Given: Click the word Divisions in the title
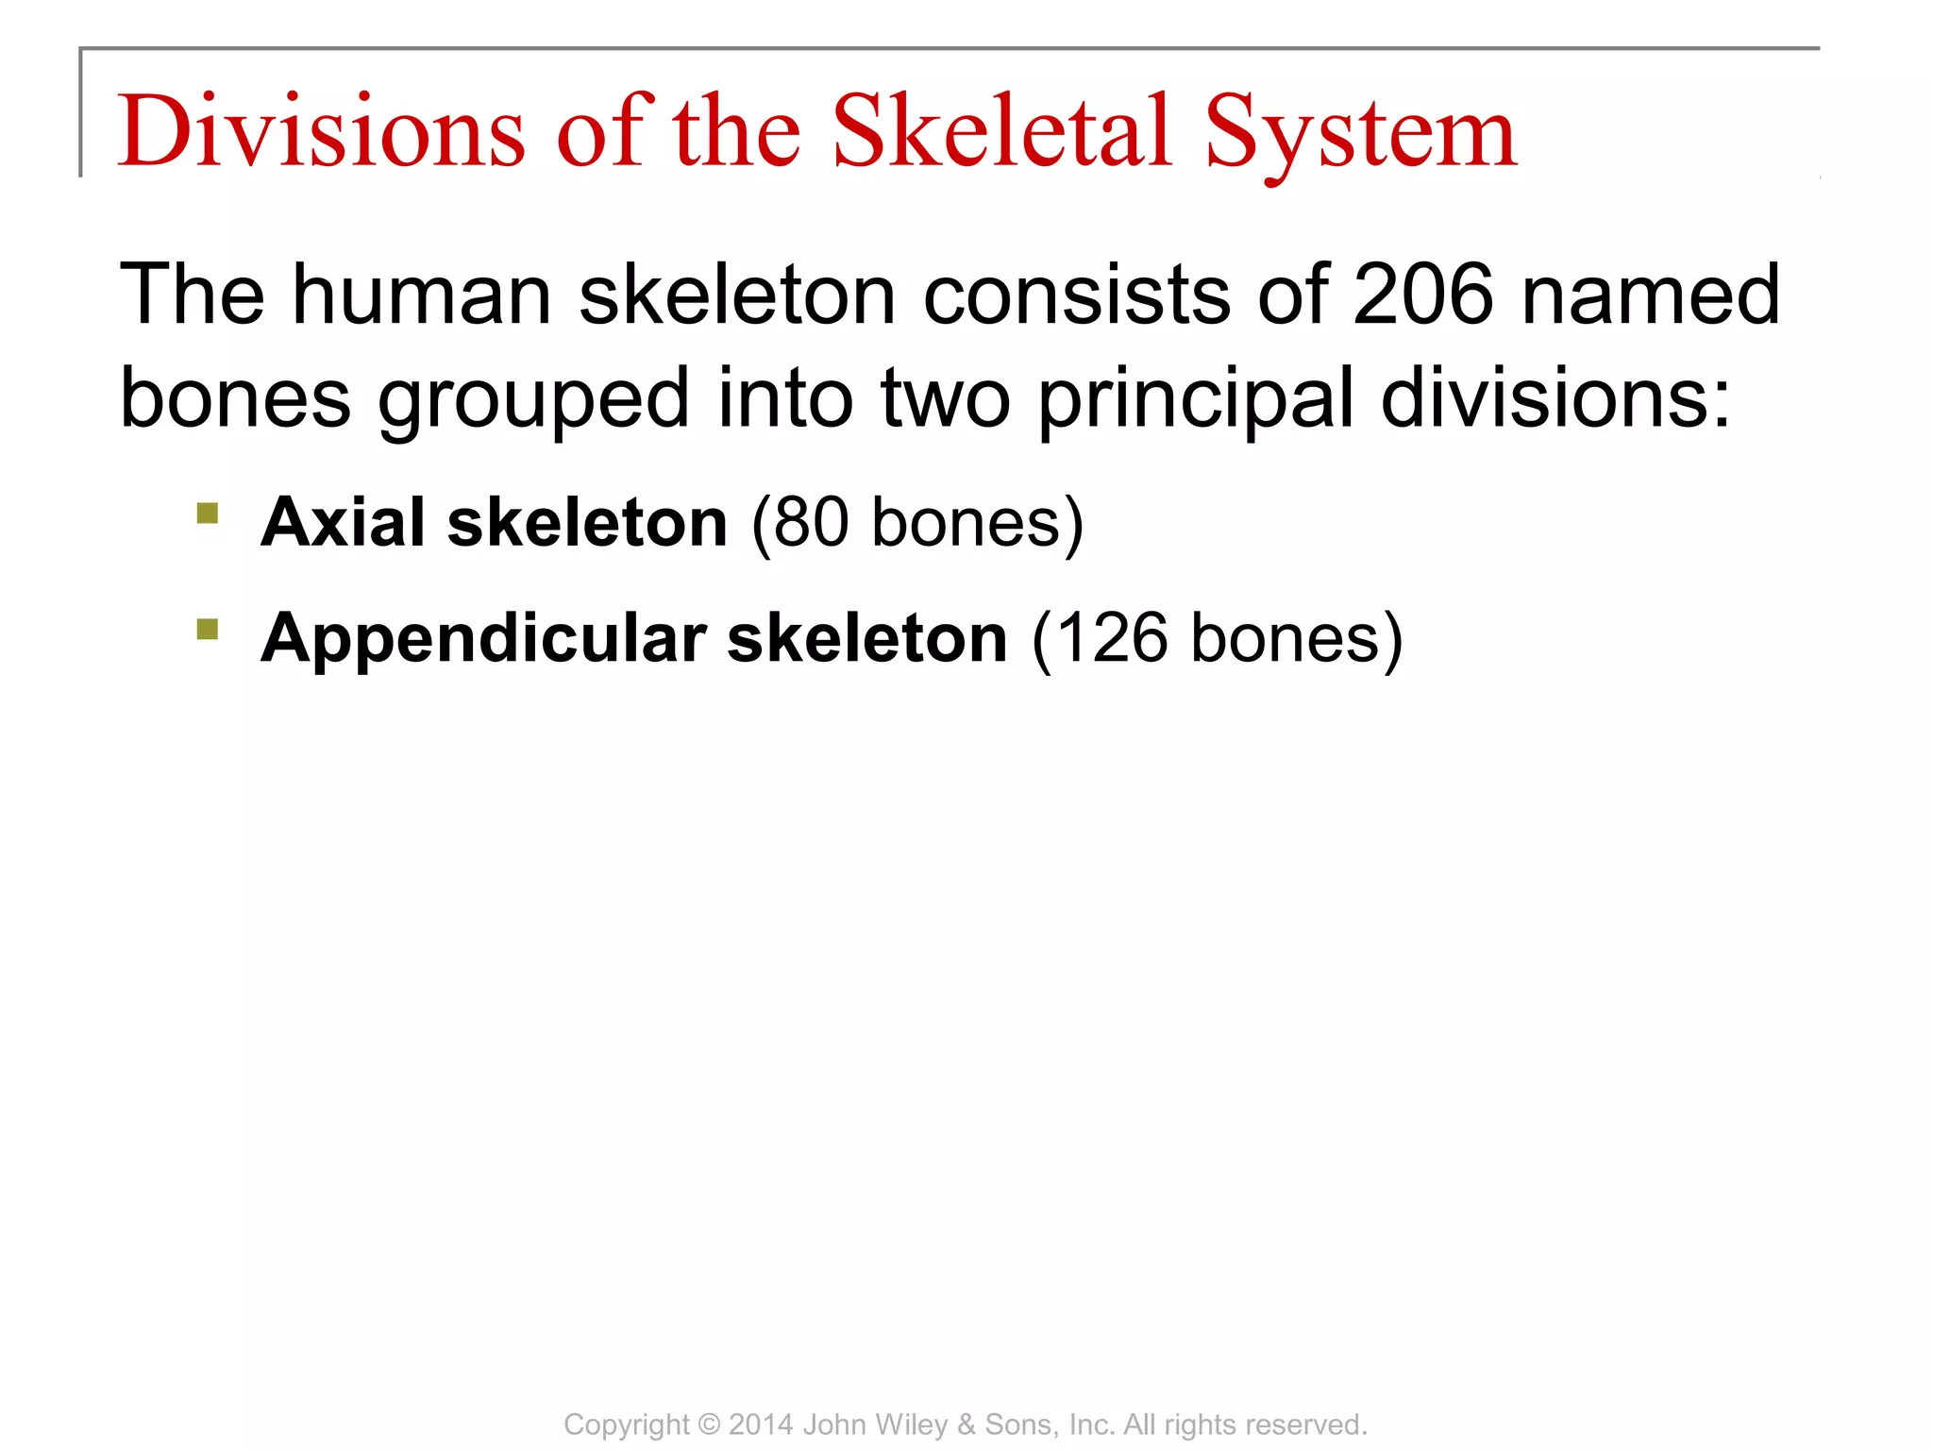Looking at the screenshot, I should (x=321, y=132).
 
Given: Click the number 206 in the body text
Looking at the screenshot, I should (x=1423, y=295).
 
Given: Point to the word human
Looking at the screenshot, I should (x=421, y=295).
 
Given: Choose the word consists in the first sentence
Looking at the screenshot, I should (x=1076, y=295).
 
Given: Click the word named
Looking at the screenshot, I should (x=1651, y=295).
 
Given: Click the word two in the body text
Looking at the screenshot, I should (x=945, y=399).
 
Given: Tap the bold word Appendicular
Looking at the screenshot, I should (x=483, y=640).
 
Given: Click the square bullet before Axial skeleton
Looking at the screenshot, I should (x=208, y=514).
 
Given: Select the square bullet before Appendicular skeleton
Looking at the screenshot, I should (x=208, y=629).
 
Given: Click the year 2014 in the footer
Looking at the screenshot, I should (x=761, y=1424).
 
